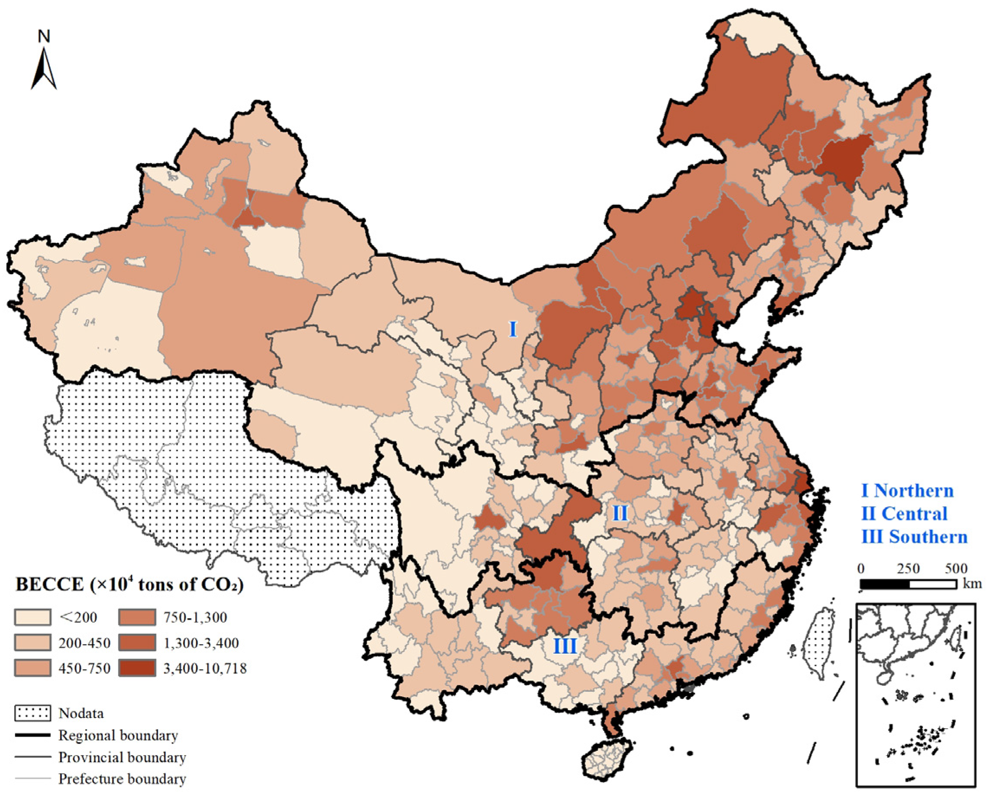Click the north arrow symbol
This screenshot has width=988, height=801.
[44, 69]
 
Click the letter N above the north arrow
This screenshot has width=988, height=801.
[44, 36]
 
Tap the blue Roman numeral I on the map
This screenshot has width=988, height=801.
[512, 329]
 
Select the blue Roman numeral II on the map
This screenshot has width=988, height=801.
[619, 513]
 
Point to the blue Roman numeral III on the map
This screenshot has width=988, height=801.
[565, 646]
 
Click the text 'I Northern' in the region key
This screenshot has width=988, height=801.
[907, 491]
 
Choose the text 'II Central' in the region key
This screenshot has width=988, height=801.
[904, 514]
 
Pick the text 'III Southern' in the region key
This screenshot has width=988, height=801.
[914, 536]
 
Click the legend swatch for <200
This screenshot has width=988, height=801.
[32, 617]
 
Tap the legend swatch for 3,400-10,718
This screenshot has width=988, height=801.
[137, 668]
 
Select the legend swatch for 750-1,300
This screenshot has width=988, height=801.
[137, 617]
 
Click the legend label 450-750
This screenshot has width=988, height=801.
[84, 669]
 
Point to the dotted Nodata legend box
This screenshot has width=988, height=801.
[32, 713]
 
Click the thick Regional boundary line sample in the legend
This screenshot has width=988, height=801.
[32, 735]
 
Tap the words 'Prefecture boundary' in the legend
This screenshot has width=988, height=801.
[122, 779]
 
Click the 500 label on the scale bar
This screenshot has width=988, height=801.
[956, 568]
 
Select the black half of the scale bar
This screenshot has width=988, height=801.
[884, 584]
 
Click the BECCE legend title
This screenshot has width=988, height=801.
[129, 585]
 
